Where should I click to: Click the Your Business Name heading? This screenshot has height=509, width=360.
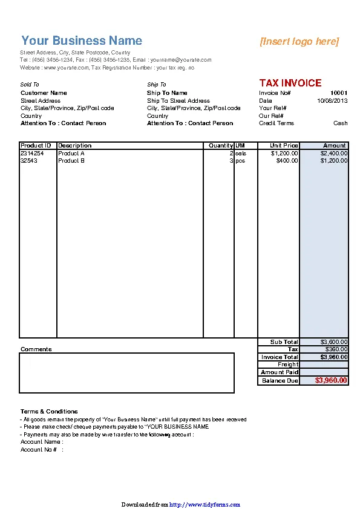tap(82, 41)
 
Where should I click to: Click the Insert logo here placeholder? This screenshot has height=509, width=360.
tap(299, 41)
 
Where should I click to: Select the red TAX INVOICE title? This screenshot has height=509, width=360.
tap(290, 83)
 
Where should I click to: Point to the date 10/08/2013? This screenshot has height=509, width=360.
tap(332, 101)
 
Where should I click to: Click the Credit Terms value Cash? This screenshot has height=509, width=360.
tap(341, 123)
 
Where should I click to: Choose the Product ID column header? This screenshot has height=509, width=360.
tap(36, 146)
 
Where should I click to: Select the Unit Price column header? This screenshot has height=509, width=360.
tap(284, 146)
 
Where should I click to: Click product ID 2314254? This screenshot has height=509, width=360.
tap(32, 154)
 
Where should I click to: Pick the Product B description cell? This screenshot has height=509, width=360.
tap(71, 161)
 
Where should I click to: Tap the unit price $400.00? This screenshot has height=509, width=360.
tap(287, 161)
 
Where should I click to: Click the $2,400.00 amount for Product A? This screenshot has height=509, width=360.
tap(334, 154)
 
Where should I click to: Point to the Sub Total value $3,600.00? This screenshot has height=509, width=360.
tap(334, 342)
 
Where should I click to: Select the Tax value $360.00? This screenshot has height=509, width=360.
tap(336, 349)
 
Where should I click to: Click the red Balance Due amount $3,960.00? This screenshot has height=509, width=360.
tap(332, 381)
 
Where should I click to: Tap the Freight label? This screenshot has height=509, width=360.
tap(288, 365)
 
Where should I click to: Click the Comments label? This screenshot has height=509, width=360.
tap(36, 349)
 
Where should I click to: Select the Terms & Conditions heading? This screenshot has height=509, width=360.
tap(49, 412)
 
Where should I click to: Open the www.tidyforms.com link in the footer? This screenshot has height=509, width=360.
tap(205, 504)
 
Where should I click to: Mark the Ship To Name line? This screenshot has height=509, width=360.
tap(167, 93)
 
